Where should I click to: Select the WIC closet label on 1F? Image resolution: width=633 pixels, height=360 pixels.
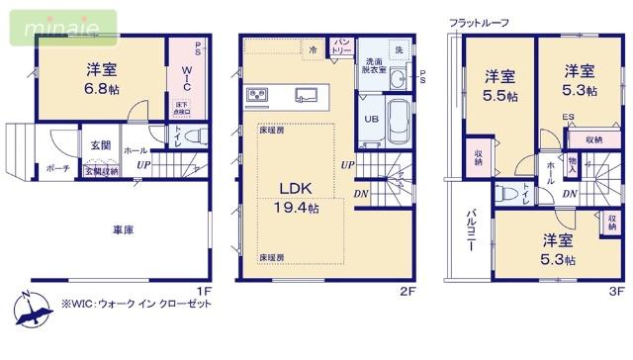pyautogui.click(x=185, y=76)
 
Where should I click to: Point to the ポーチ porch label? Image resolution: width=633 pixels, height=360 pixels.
pyautogui.click(x=57, y=168)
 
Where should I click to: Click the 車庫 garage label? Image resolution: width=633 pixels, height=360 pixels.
pyautogui.click(x=123, y=229)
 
